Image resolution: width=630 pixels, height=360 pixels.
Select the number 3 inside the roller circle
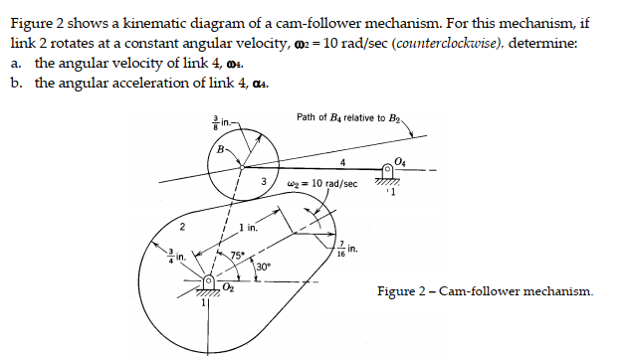263,183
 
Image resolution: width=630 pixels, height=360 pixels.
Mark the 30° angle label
263,266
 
